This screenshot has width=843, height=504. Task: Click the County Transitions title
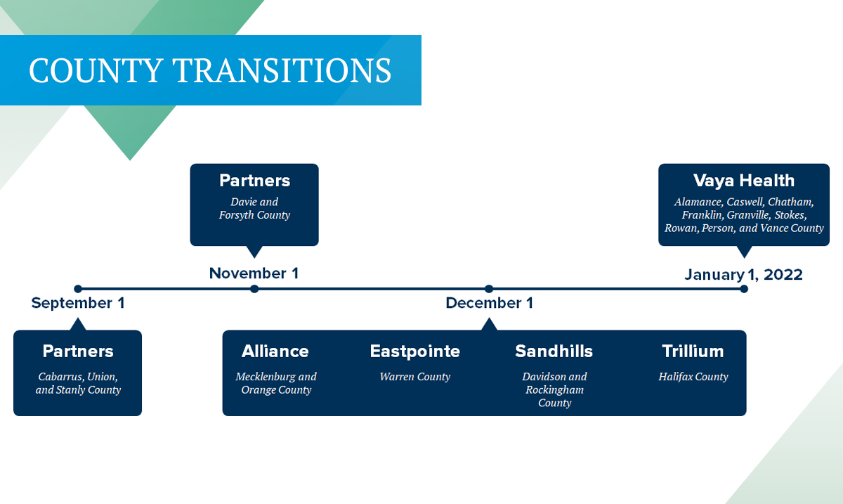click(210, 71)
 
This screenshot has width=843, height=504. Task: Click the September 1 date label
click(78, 304)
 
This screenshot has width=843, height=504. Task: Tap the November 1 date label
click(254, 273)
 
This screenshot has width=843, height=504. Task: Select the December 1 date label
click(489, 304)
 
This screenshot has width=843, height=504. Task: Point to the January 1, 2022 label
click(743, 275)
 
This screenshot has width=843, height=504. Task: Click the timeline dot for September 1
click(78, 288)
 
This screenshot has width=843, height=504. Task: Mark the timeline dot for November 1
click(254, 288)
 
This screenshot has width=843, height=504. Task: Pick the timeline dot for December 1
click(489, 288)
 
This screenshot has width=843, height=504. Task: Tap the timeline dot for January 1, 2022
click(744, 288)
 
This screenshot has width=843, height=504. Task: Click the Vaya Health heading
click(743, 181)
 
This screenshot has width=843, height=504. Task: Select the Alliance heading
click(275, 351)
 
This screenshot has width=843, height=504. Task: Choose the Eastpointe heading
click(415, 351)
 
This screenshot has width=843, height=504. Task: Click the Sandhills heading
click(554, 351)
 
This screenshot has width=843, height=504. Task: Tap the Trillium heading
click(693, 351)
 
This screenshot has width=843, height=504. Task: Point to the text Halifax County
click(693, 377)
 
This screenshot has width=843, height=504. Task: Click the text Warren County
click(415, 377)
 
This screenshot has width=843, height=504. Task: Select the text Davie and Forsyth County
click(254, 209)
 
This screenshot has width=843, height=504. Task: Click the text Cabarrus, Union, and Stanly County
click(78, 383)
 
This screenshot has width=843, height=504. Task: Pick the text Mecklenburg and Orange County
click(276, 383)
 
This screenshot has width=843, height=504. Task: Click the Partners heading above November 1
click(254, 181)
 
